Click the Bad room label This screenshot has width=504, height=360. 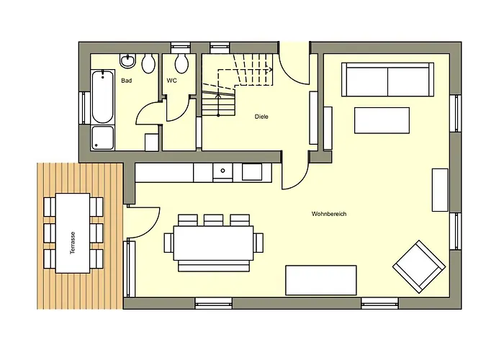click(127, 81)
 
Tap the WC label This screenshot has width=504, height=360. click(171, 81)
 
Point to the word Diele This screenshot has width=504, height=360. click(261, 117)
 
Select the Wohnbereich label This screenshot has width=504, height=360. click(329, 214)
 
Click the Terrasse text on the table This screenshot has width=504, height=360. click(73, 243)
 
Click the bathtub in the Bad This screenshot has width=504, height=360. click(102, 96)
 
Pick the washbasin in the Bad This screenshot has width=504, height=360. click(128, 60)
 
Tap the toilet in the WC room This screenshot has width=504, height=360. click(181, 63)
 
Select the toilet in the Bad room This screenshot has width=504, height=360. click(148, 63)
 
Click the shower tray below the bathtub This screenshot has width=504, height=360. click(102, 138)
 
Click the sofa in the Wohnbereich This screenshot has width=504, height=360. click(387, 80)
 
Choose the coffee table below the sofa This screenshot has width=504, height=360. click(382, 120)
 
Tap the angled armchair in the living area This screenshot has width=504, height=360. click(419, 266)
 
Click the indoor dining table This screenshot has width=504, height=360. click(213, 243)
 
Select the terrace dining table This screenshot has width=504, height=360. click(73, 233)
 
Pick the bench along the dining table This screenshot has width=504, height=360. click(213, 266)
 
